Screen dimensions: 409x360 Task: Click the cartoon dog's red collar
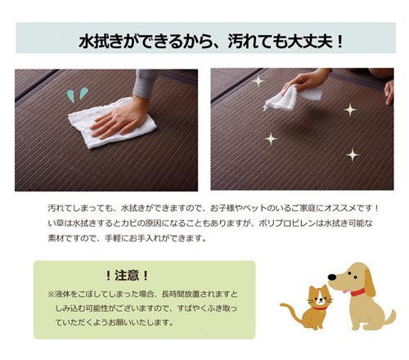click(x=357, y=292)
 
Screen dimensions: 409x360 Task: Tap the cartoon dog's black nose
click(x=332, y=277)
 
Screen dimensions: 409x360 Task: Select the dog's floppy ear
click(x=370, y=282)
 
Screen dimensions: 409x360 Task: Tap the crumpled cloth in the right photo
click(x=292, y=97)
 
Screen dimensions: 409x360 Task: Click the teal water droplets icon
click(x=78, y=94)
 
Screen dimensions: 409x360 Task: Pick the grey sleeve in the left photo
click(x=144, y=83)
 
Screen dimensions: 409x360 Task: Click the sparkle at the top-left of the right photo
click(x=258, y=81)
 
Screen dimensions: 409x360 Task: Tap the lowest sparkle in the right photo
click(x=353, y=155)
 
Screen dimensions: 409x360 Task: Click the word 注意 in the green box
click(x=127, y=275)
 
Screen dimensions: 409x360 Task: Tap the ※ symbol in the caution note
click(x=51, y=295)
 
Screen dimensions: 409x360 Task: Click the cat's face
click(x=321, y=299)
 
